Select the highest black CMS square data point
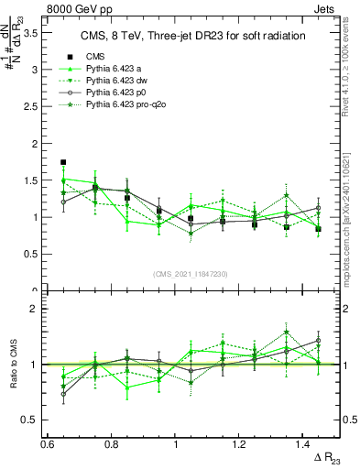pos(63,162)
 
